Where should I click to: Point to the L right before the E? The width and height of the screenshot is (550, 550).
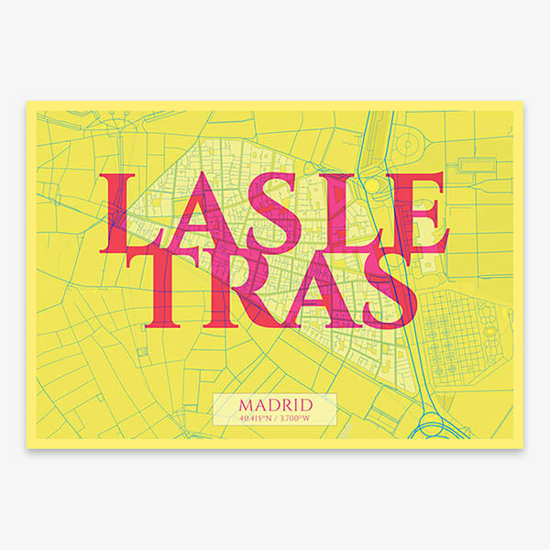coord(340,214)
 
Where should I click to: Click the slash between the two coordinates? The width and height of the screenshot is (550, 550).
coord(275,418)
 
